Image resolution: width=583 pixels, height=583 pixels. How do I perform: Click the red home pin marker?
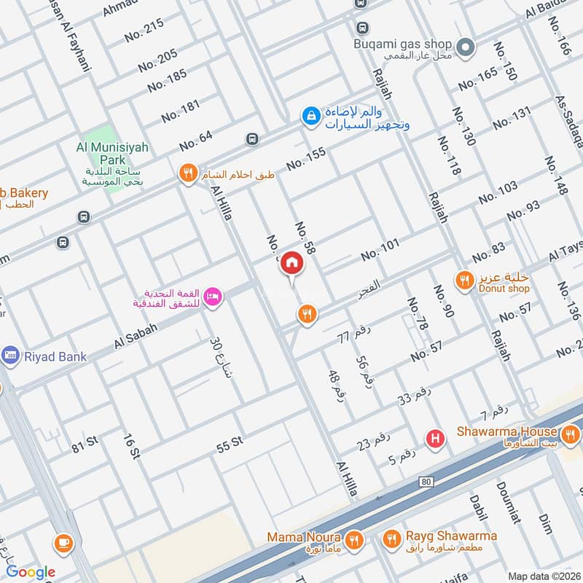click(x=291, y=264)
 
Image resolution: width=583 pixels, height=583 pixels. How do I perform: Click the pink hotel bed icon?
click(x=213, y=297)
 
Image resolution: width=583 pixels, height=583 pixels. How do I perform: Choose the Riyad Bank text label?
click(x=54, y=356)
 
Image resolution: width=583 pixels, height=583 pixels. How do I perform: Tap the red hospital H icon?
click(x=436, y=439)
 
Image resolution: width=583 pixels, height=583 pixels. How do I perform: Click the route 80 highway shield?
click(x=426, y=482)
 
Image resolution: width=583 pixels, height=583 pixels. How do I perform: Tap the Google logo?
click(x=31, y=572)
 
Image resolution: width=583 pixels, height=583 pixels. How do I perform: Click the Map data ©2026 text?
click(x=544, y=576)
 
